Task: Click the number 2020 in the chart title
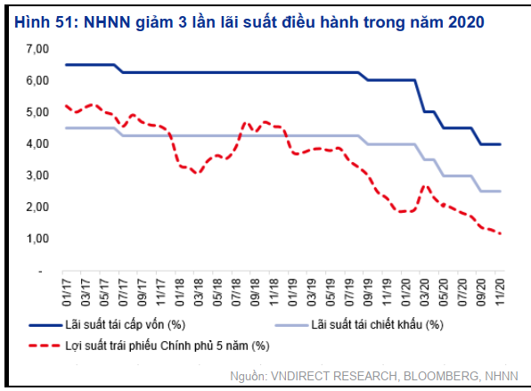[466, 22]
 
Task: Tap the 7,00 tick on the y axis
[37, 49]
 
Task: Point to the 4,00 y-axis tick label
[37, 144]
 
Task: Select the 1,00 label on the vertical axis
[37, 239]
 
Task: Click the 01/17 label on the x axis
[67, 292]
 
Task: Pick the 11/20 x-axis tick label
[500, 292]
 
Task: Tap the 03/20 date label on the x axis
[424, 292]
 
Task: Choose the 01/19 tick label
[292, 292]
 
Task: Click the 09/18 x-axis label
[255, 292]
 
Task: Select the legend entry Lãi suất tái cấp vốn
[125, 325]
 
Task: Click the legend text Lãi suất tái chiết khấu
[377, 325]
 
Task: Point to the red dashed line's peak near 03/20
[426, 186]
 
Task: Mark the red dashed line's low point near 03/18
[198, 173]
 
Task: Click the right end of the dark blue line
[500, 144]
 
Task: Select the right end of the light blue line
[500, 191]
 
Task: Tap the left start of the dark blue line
[66, 65]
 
